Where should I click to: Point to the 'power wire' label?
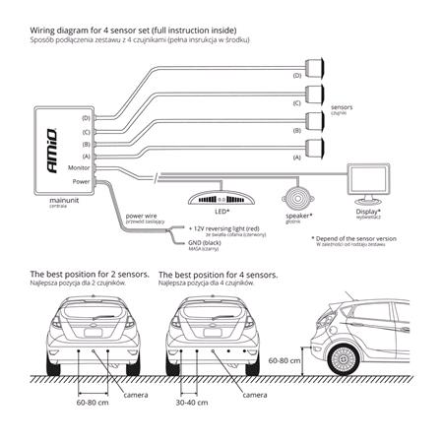pyautogui.click(x=143, y=214)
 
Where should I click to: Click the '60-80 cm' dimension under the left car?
pyautogui.click(x=92, y=402)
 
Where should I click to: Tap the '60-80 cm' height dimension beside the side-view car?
pyautogui.click(x=285, y=360)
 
